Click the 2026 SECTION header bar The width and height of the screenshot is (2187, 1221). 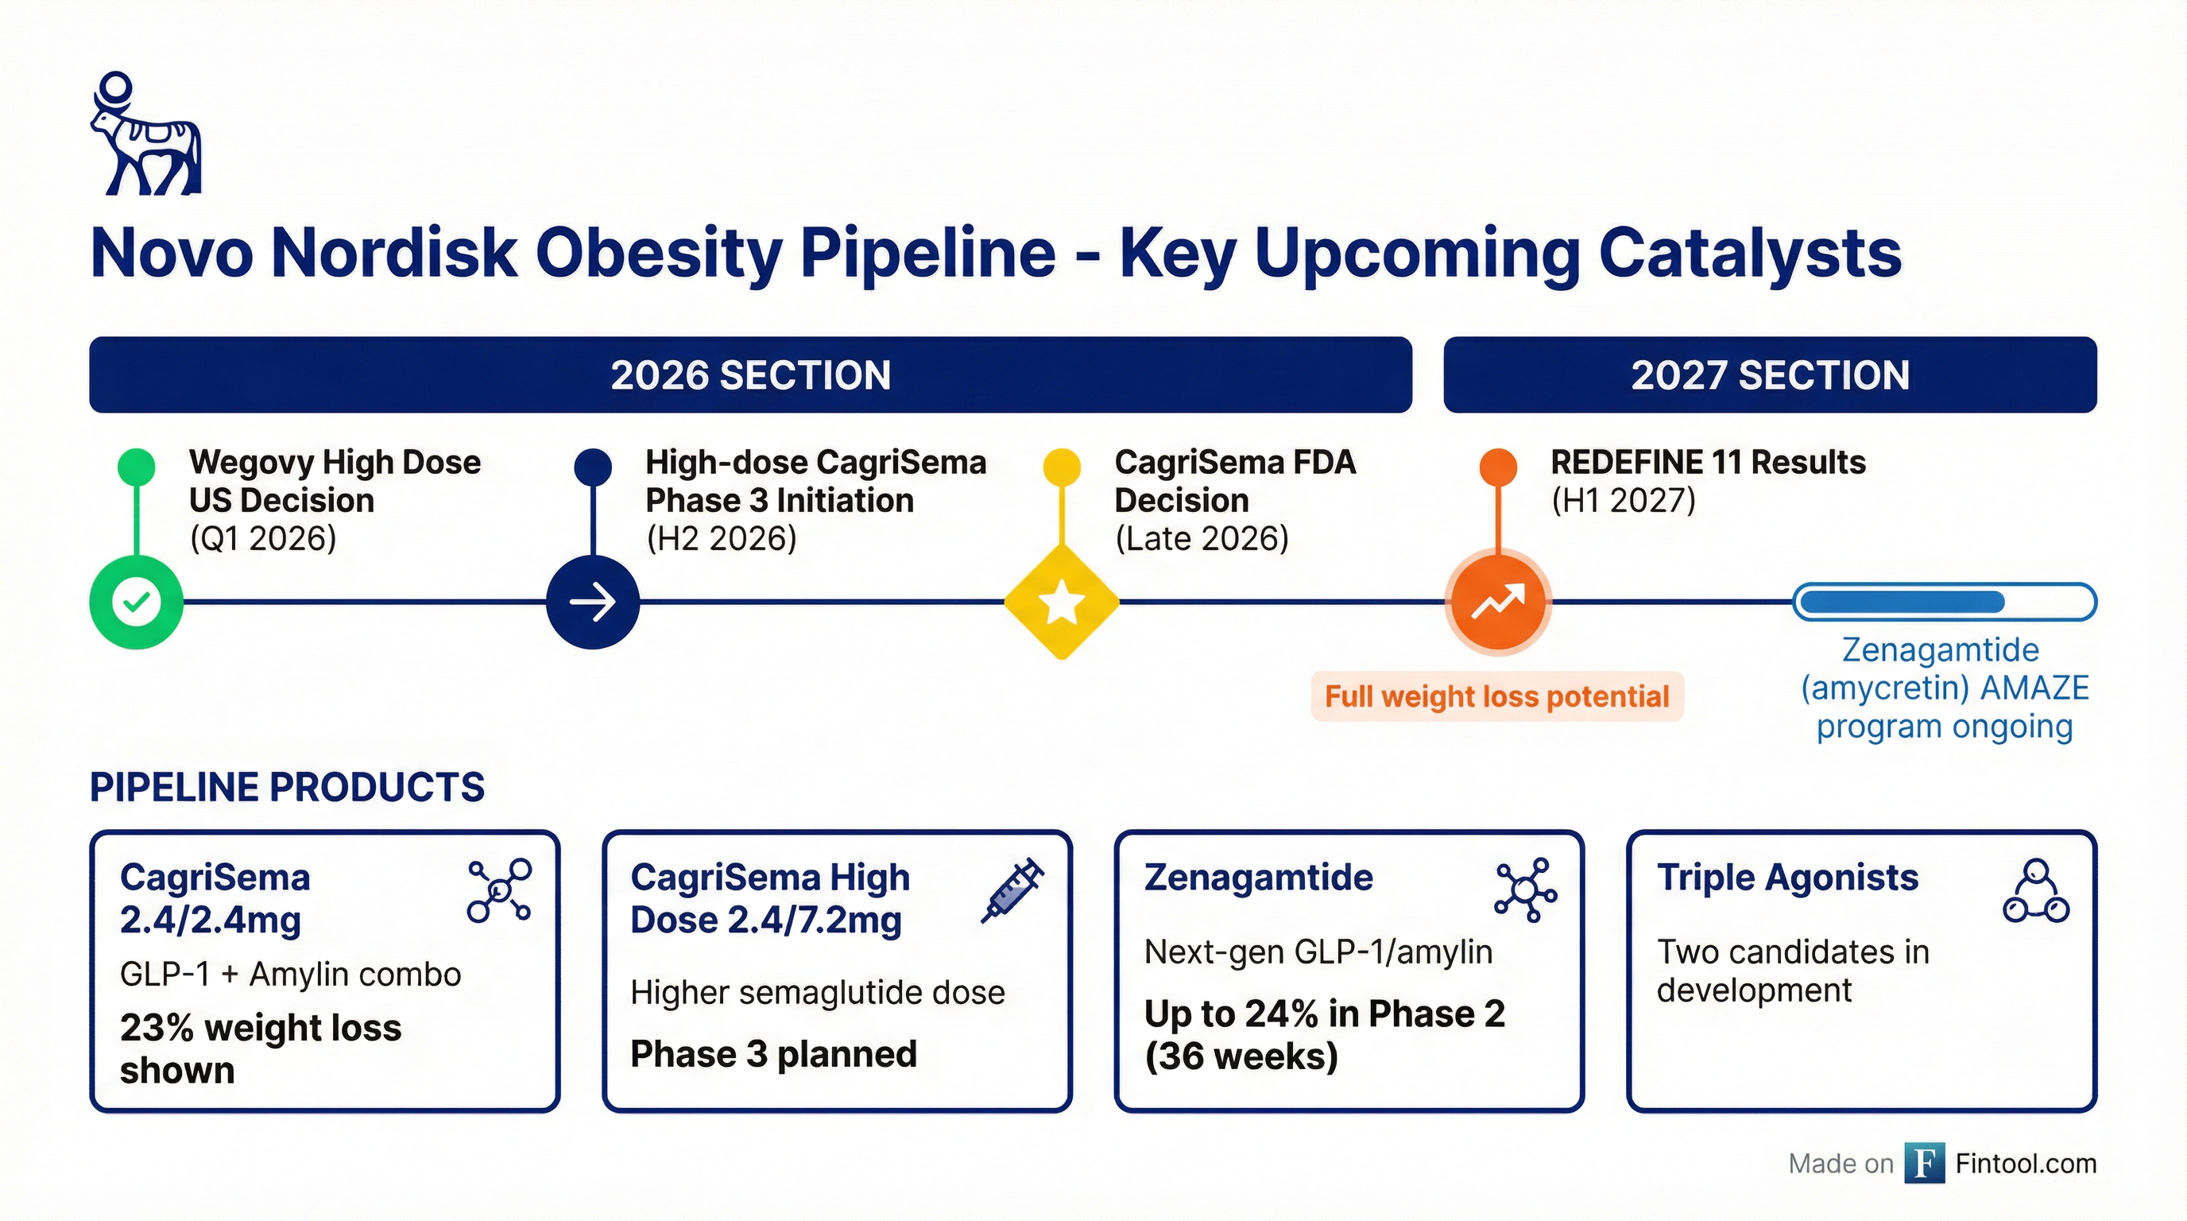pyautogui.click(x=749, y=374)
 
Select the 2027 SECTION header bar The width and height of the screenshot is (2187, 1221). pyautogui.click(x=1769, y=374)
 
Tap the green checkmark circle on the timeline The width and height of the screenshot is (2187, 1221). pyautogui.click(x=136, y=602)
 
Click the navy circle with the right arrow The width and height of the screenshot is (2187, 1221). pyautogui.click(x=593, y=602)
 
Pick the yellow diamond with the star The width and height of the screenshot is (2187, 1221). pyautogui.click(x=1061, y=602)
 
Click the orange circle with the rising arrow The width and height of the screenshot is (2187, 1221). pyautogui.click(x=1499, y=602)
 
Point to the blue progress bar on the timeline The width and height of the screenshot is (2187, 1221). pyautogui.click(x=1944, y=602)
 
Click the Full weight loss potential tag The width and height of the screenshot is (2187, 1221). pyautogui.click(x=1496, y=696)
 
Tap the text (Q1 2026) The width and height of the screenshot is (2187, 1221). pyautogui.click(x=263, y=538)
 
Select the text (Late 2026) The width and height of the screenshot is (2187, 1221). pyautogui.click(x=1202, y=538)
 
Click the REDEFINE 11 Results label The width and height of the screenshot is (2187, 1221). pyautogui.click(x=1707, y=462)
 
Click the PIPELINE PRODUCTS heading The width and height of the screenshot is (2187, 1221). pyautogui.click(x=287, y=787)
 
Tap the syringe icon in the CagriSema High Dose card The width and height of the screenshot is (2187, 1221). pyautogui.click(x=1012, y=890)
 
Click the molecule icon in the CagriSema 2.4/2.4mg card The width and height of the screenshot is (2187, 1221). pyautogui.click(x=500, y=890)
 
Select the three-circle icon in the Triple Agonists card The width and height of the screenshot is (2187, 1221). pyautogui.click(x=2036, y=892)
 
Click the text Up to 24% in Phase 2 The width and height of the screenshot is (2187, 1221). pyautogui.click(x=1325, y=1013)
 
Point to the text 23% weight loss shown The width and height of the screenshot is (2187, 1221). pyautogui.click(x=260, y=1049)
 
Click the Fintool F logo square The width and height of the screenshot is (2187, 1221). pyautogui.click(x=1924, y=1162)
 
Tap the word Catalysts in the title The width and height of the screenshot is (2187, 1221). pyautogui.click(x=1750, y=252)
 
